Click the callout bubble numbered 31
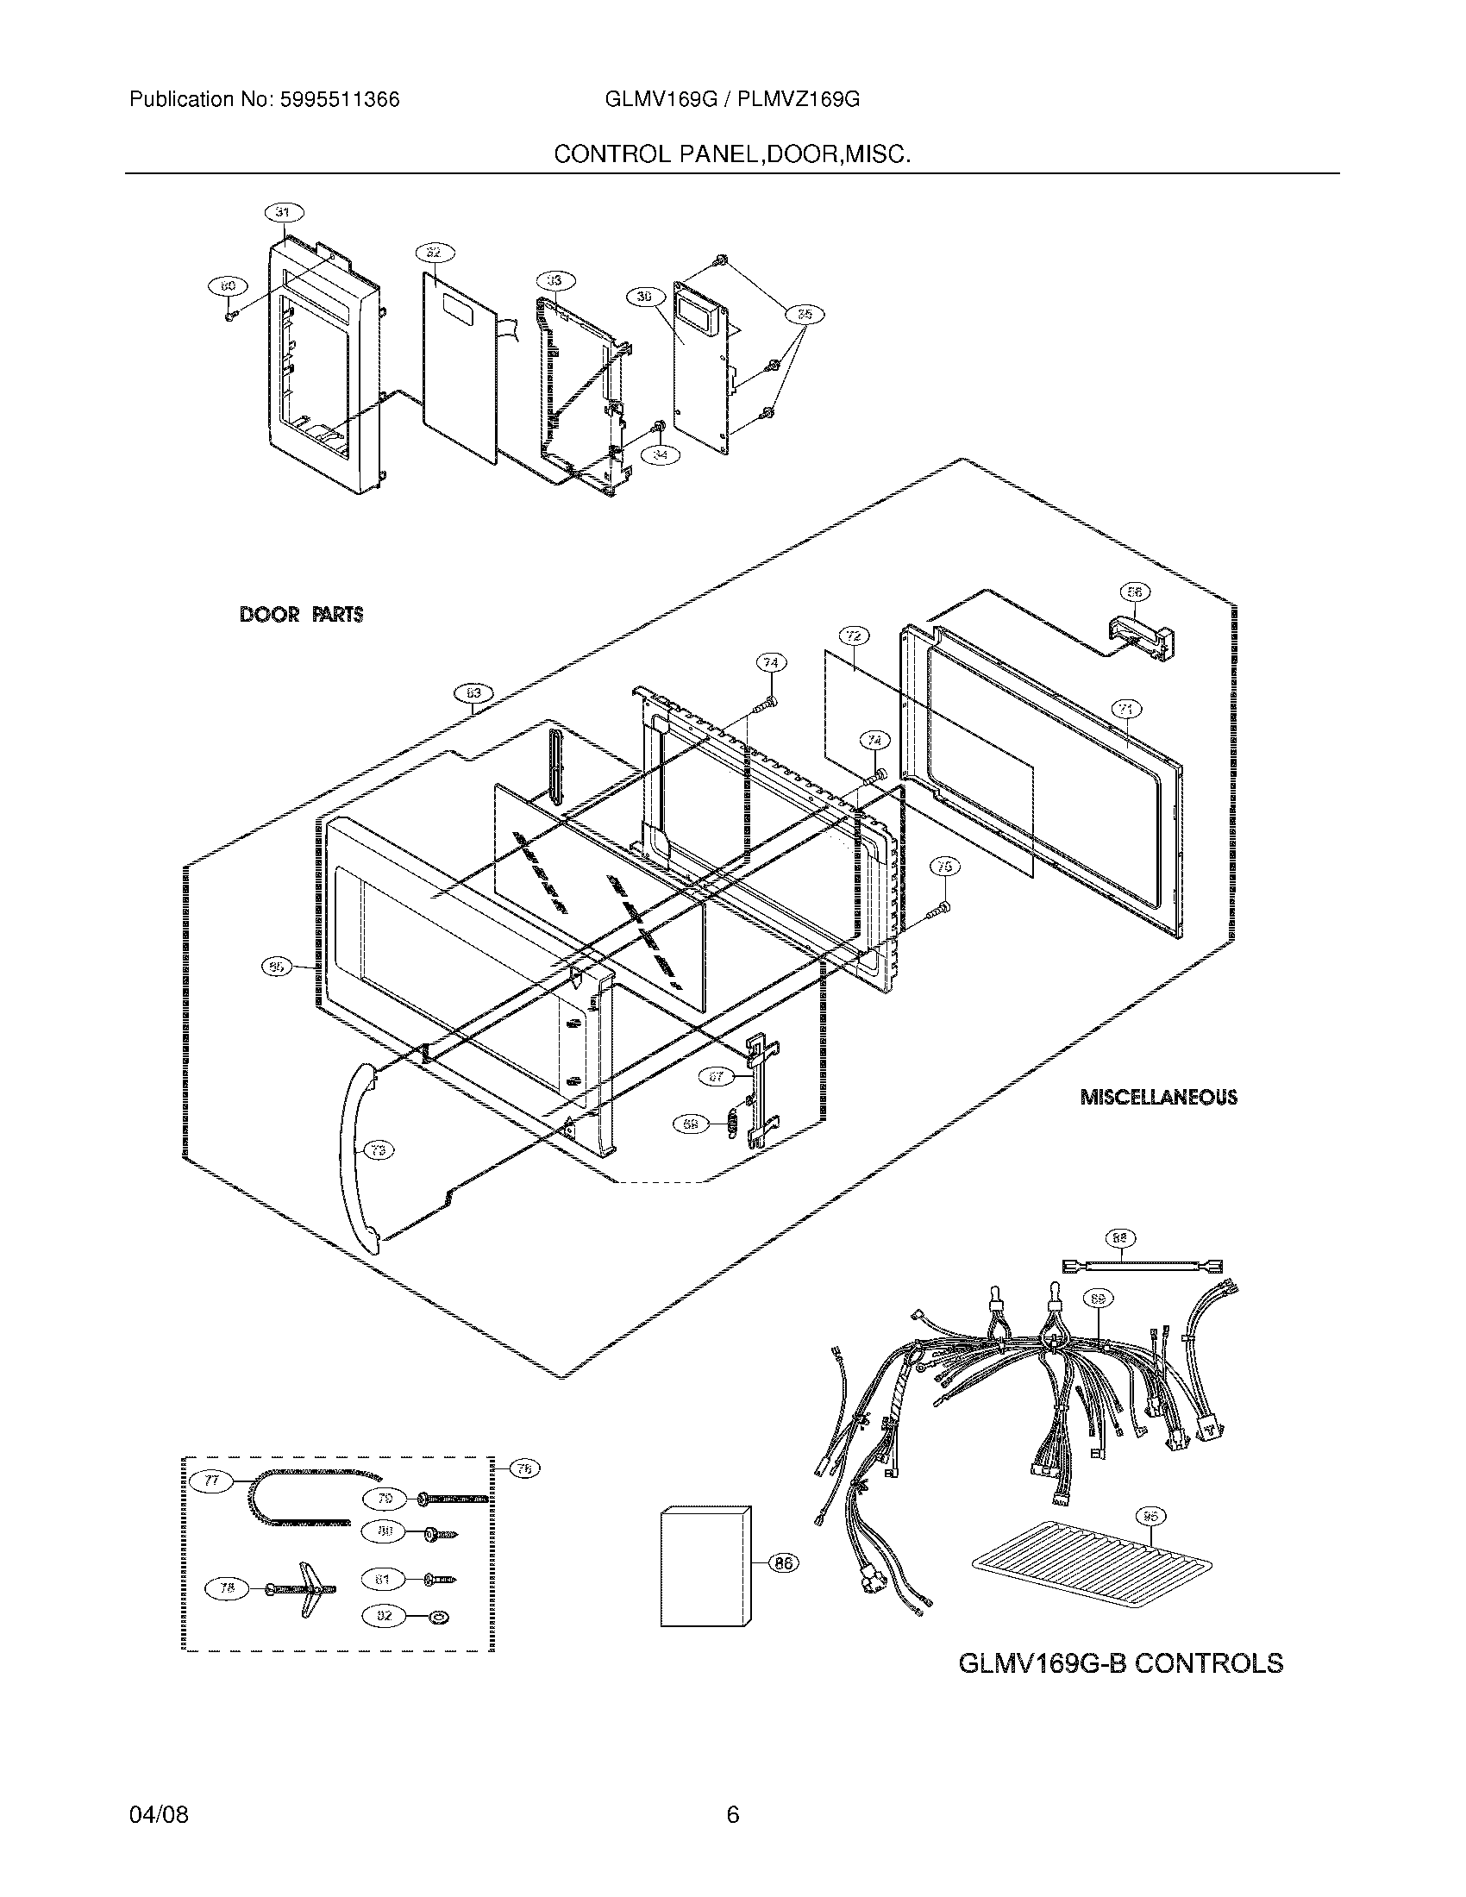click(x=284, y=212)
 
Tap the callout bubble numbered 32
click(x=435, y=253)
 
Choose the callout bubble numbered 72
click(x=853, y=635)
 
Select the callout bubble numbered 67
click(x=717, y=1078)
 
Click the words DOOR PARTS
click(x=300, y=615)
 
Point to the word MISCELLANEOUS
click(x=1158, y=1098)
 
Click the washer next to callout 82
click(x=439, y=1617)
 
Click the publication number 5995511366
click(x=339, y=100)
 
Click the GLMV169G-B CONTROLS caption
click(x=1120, y=1663)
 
